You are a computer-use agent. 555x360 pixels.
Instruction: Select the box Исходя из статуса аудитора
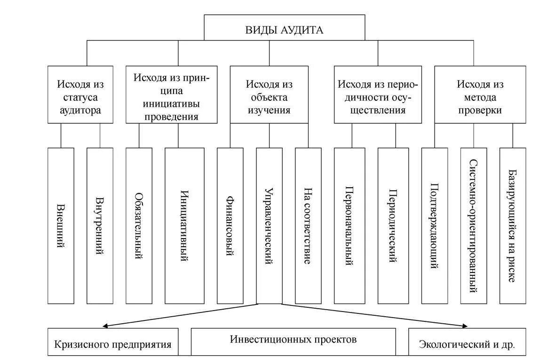80,95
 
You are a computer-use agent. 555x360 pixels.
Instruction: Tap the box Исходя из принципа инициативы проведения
171,95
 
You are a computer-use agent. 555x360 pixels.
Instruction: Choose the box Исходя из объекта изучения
269,95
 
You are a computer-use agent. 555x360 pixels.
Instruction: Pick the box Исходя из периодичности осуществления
378,95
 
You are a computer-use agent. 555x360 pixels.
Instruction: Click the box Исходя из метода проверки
480,95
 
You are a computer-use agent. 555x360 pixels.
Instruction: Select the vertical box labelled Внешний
61,225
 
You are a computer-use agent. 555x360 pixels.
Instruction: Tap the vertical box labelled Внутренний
100,225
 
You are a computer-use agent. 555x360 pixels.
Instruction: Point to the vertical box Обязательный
139,225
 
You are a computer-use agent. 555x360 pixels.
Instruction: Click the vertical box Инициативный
184,225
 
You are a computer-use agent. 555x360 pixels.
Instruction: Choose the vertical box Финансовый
230,225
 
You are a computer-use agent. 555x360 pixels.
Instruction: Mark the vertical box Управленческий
269,225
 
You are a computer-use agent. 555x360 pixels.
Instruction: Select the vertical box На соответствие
308,225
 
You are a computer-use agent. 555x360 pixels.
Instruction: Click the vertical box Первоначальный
349,225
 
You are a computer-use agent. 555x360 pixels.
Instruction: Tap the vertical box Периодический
393,225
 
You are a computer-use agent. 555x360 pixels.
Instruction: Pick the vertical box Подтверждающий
435,225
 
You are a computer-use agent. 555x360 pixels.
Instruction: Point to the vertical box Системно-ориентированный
474,225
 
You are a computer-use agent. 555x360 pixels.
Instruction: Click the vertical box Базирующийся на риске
513,225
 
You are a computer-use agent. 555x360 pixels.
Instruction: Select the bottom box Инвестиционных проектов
293,341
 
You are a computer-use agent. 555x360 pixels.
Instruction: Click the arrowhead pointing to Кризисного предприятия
106,325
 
